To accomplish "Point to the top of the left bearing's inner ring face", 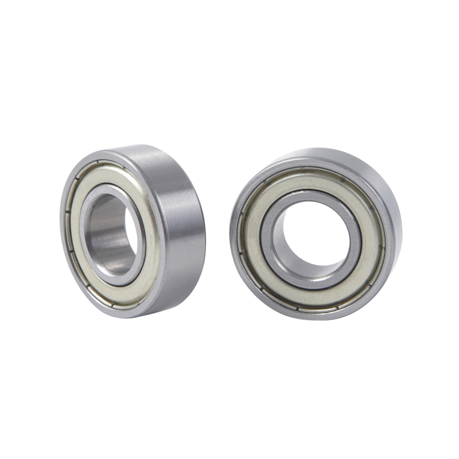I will click(109, 190).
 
